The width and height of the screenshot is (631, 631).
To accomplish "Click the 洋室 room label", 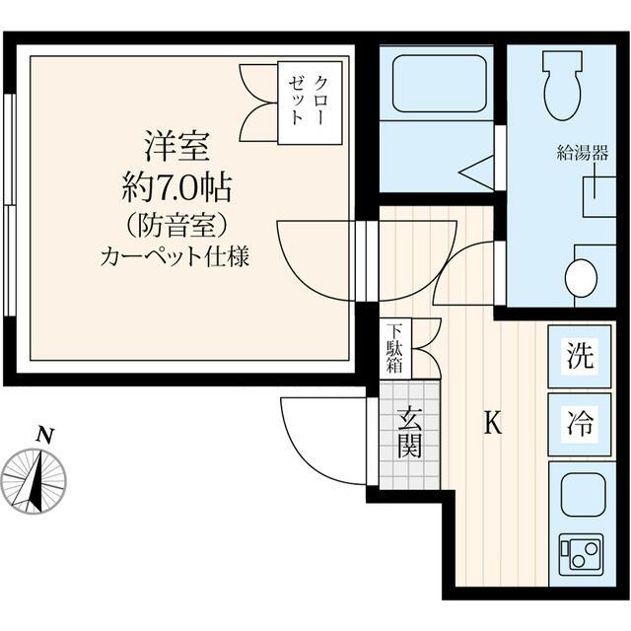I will (x=176, y=147).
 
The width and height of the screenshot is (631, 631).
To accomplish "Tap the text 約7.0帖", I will (x=176, y=185).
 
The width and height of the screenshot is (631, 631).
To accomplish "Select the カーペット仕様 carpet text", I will (x=175, y=258).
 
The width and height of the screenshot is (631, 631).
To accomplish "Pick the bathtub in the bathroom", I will (x=440, y=84).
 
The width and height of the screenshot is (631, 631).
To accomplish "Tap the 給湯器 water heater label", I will (x=583, y=152).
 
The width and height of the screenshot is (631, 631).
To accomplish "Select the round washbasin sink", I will (x=581, y=277).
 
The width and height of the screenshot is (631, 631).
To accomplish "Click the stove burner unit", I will (x=580, y=551).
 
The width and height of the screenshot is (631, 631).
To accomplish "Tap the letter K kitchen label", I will (x=493, y=424).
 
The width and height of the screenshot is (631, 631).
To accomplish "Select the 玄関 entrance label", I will (x=409, y=434).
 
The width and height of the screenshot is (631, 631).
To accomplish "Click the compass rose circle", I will (x=34, y=480).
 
